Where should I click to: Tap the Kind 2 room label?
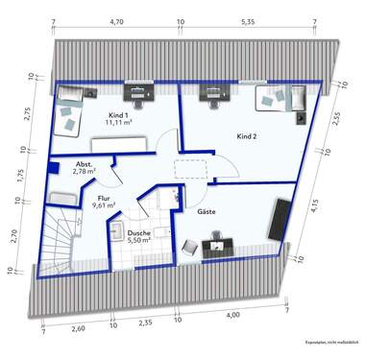[x=249, y=136]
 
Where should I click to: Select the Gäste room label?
[x=207, y=210]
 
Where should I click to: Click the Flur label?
[x=103, y=198]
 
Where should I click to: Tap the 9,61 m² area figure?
[x=103, y=205]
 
